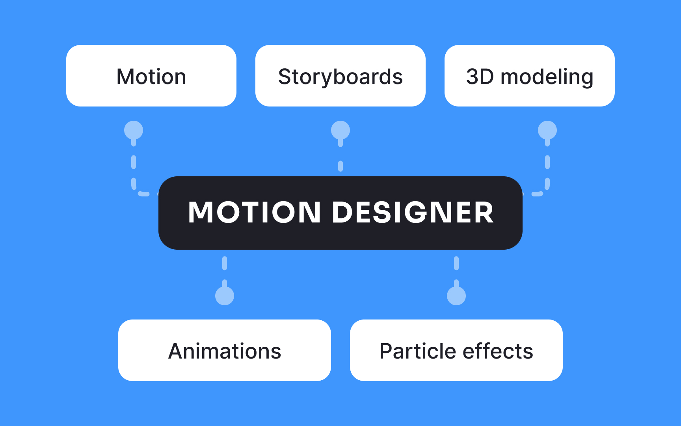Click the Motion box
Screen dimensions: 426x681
151,76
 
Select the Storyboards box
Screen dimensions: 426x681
340,76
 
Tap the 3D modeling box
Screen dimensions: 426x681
530,76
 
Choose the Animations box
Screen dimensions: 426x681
225,350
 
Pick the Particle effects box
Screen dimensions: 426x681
456,350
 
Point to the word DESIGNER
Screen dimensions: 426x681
413,213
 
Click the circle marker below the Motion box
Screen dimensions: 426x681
134,130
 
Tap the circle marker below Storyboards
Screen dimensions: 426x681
340,130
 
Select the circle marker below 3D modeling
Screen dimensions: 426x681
547,130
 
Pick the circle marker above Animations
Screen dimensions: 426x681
225,296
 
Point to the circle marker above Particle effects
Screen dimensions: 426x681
456,296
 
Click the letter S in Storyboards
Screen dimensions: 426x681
285,77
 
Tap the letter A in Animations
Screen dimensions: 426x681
176,351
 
